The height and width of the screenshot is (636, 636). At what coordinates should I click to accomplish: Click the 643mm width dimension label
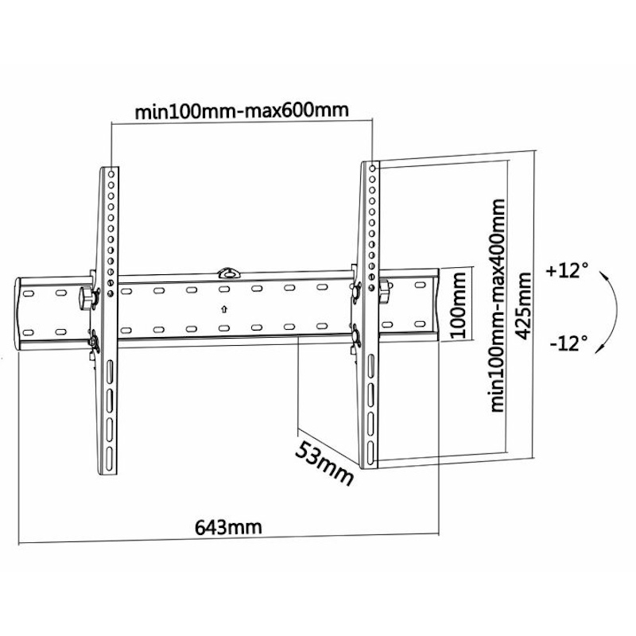click(228, 527)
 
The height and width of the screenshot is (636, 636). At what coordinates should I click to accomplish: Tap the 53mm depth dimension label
click(324, 460)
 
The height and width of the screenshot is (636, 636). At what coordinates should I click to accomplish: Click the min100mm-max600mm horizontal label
click(241, 111)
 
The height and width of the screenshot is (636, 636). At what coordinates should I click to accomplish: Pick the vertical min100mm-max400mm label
click(498, 306)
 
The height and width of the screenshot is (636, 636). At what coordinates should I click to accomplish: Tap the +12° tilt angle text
click(567, 270)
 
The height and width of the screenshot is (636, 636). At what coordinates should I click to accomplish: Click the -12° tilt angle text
click(568, 343)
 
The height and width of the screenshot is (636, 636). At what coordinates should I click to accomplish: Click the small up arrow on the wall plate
click(224, 309)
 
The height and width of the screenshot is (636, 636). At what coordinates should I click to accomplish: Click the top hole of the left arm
click(112, 173)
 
